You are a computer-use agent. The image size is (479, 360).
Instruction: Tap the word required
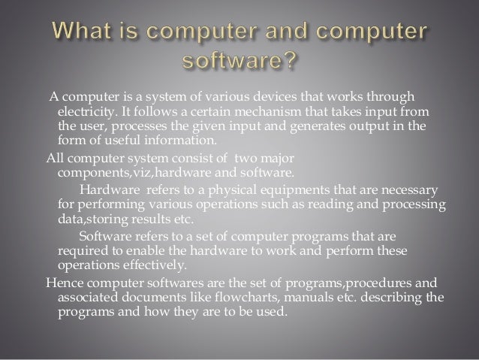tap(83, 251)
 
